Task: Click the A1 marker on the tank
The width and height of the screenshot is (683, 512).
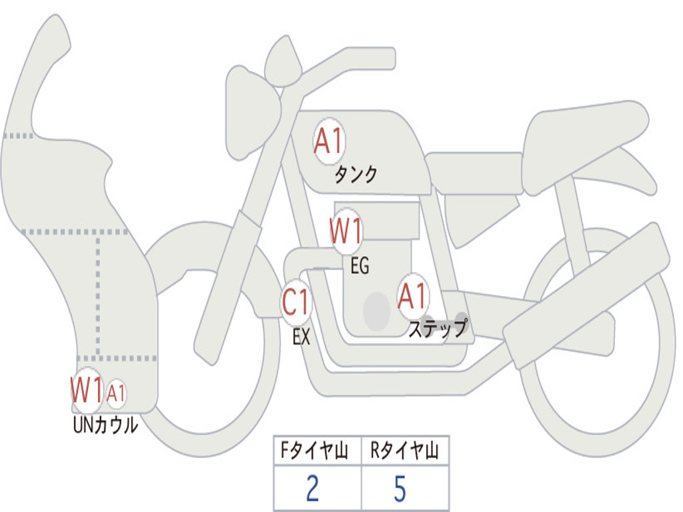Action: click(328, 141)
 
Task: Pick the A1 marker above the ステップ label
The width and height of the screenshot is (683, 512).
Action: click(413, 297)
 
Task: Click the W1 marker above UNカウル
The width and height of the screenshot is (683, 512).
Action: click(87, 389)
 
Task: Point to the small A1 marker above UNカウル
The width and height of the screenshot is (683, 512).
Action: click(116, 393)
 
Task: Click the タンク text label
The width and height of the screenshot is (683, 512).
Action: click(356, 175)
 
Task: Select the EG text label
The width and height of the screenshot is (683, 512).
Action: click(360, 267)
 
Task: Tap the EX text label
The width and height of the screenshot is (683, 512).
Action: click(301, 337)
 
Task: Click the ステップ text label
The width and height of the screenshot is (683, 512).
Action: click(438, 329)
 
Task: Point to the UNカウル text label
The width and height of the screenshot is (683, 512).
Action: click(105, 425)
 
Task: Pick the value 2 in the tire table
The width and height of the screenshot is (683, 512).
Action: click(312, 489)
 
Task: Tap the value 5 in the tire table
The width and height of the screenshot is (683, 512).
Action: click(400, 489)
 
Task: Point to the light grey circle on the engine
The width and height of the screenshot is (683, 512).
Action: click(377, 311)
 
